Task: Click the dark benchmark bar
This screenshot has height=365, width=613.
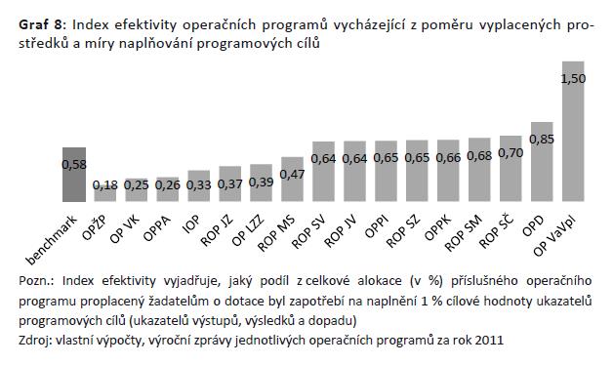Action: click(x=74, y=175)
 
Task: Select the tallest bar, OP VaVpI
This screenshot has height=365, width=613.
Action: click(x=573, y=132)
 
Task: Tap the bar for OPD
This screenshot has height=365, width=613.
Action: click(x=542, y=162)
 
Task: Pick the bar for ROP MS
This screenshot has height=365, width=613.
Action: click(x=292, y=180)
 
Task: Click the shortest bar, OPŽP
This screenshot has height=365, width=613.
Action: click(x=104, y=193)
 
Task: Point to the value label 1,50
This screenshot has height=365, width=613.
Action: click(x=573, y=78)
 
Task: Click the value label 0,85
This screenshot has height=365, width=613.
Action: click(x=542, y=140)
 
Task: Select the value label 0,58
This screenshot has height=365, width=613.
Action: click(x=74, y=165)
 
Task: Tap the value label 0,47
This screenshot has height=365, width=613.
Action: click(x=292, y=175)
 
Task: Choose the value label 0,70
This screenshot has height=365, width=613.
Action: click(x=511, y=153)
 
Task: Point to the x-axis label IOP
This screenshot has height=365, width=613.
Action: click(x=190, y=224)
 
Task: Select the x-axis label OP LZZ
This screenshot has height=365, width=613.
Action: click(x=248, y=230)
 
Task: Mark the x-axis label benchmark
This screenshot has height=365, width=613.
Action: click(x=51, y=240)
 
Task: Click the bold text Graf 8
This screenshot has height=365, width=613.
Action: click(x=40, y=25)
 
